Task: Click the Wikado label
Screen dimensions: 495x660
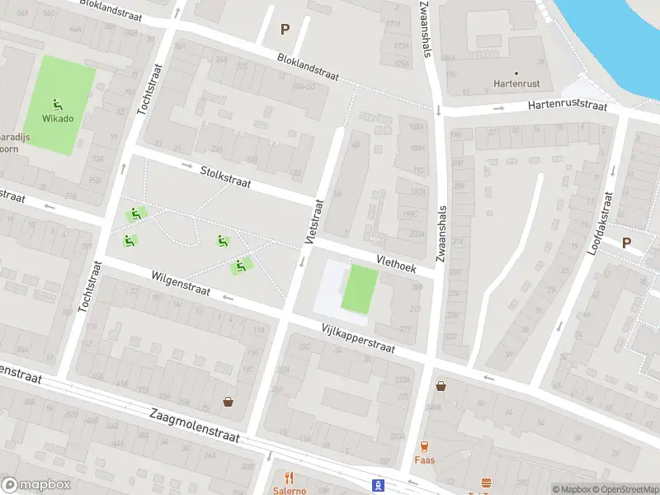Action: [x=59, y=118]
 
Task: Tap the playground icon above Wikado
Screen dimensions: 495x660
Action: [x=58, y=104]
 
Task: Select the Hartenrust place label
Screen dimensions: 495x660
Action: [x=516, y=83]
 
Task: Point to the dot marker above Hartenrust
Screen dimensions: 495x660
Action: [x=516, y=72]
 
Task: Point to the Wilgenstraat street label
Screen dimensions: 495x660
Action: [x=181, y=283]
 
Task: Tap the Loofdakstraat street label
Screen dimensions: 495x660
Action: [x=601, y=223]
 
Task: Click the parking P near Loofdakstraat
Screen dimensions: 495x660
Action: [x=626, y=243]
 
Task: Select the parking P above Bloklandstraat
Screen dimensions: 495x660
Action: [x=285, y=29]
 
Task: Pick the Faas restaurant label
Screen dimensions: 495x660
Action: [x=425, y=460]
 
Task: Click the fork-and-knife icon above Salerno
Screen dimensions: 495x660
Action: [x=290, y=478]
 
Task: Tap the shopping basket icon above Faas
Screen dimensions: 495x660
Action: [x=441, y=385]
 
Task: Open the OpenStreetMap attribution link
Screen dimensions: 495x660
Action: [x=624, y=488]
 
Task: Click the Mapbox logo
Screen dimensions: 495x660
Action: [x=36, y=485]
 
